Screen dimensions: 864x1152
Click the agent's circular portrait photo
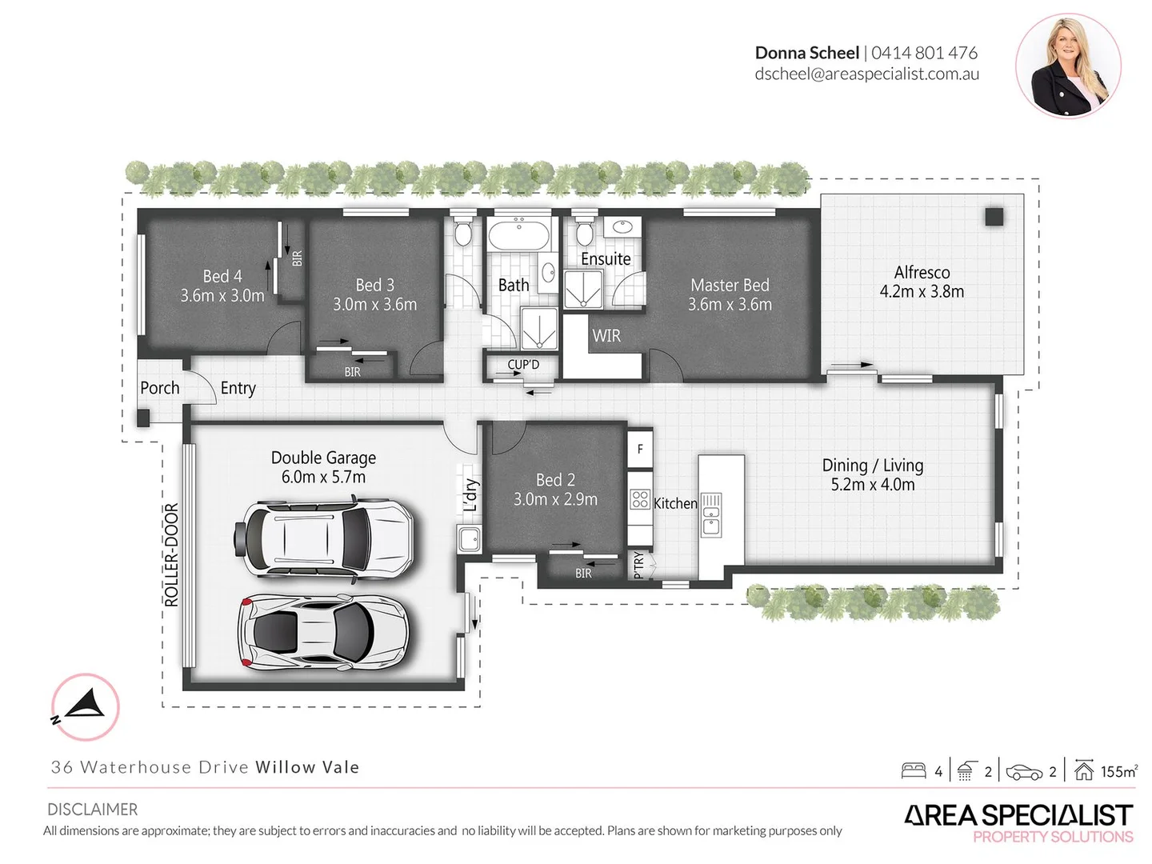point(1068,66)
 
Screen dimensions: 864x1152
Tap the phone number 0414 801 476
point(924,53)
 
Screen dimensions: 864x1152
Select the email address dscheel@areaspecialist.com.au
point(866,74)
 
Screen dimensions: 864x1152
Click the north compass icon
point(85,707)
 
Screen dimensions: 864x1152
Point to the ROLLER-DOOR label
point(171,554)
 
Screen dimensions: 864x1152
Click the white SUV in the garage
point(324,537)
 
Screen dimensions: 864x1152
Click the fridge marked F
point(640,450)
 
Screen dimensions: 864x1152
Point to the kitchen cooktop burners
point(640,500)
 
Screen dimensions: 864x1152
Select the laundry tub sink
point(469,538)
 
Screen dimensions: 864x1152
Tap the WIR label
point(606,336)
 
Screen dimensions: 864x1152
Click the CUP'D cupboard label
point(523,365)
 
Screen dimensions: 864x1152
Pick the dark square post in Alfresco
point(994,216)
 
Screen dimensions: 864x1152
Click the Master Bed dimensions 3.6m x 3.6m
point(730,305)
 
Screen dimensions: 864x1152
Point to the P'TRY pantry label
point(638,564)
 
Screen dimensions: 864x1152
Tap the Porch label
point(160,388)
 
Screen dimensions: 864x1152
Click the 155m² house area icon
point(1084,770)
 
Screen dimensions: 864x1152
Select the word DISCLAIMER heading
point(92,810)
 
